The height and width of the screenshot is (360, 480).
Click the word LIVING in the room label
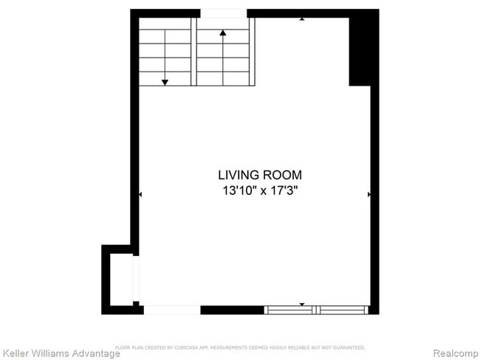[238, 176]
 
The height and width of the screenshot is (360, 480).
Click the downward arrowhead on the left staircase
[165, 81]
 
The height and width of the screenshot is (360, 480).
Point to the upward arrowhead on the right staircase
[223, 32]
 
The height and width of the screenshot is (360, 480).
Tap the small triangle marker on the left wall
[140, 194]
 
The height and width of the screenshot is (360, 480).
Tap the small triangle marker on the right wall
[368, 194]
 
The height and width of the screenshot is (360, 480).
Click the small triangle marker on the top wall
[301, 18]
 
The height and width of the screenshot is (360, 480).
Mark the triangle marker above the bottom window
[301, 304]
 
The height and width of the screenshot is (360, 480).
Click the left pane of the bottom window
[290, 310]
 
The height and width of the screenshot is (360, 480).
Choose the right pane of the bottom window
[342, 310]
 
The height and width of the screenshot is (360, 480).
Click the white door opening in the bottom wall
[171, 310]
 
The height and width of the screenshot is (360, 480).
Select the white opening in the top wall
[223, 13]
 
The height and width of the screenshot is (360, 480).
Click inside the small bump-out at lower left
[119, 279]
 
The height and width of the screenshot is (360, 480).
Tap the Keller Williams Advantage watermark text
[61, 353]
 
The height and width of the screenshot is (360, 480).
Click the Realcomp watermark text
[454, 353]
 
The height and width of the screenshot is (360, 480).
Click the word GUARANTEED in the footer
[348, 347]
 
